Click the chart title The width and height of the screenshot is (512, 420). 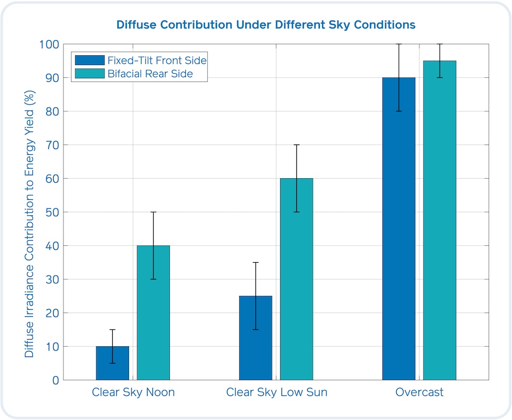[x=265, y=25]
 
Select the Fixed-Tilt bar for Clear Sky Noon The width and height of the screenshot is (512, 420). [x=113, y=363]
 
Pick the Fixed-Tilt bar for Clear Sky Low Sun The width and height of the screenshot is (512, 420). [x=255, y=338]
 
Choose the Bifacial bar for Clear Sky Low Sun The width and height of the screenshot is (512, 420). [x=296, y=279]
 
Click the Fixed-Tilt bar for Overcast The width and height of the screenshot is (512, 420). [x=399, y=228]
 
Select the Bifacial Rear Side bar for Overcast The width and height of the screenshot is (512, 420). [x=440, y=220]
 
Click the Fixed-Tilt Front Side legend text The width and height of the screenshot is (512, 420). [x=157, y=60]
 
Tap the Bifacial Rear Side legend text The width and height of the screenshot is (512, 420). [x=150, y=74]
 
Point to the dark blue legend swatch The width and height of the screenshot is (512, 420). [x=90, y=60]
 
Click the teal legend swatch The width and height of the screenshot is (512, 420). [x=90, y=74]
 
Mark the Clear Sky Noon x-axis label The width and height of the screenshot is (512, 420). [x=133, y=393]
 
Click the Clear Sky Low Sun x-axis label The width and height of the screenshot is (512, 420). [x=276, y=393]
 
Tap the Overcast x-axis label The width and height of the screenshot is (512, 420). [x=419, y=393]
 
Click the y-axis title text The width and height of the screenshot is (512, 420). [x=30, y=212]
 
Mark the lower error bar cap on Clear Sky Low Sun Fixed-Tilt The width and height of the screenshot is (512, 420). [x=255, y=329]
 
